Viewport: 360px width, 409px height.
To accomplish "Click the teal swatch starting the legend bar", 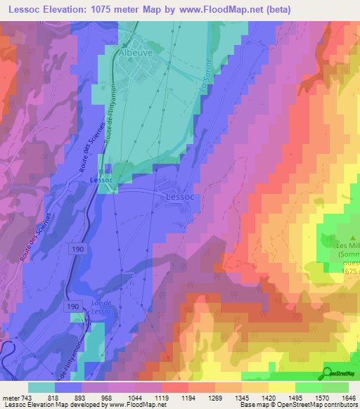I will (41, 387).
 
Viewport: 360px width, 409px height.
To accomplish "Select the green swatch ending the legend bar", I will (335, 387).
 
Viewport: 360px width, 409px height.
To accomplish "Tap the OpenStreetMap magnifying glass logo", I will (328, 372).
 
